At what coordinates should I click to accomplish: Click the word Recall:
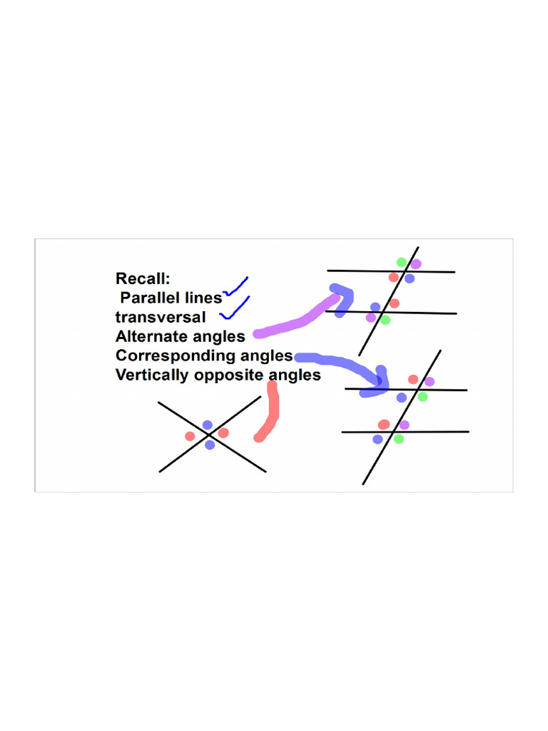(x=143, y=278)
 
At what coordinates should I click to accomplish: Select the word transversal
(x=160, y=317)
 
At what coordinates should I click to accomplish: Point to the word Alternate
(x=146, y=336)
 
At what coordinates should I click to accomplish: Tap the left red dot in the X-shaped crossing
(x=190, y=436)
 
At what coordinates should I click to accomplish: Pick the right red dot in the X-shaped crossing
(x=223, y=433)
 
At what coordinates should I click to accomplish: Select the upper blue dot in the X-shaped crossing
(x=207, y=425)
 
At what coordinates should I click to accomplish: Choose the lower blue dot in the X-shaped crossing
(x=209, y=445)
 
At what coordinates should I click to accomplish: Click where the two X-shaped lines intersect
(x=208, y=435)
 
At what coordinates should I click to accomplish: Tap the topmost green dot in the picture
(x=402, y=262)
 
